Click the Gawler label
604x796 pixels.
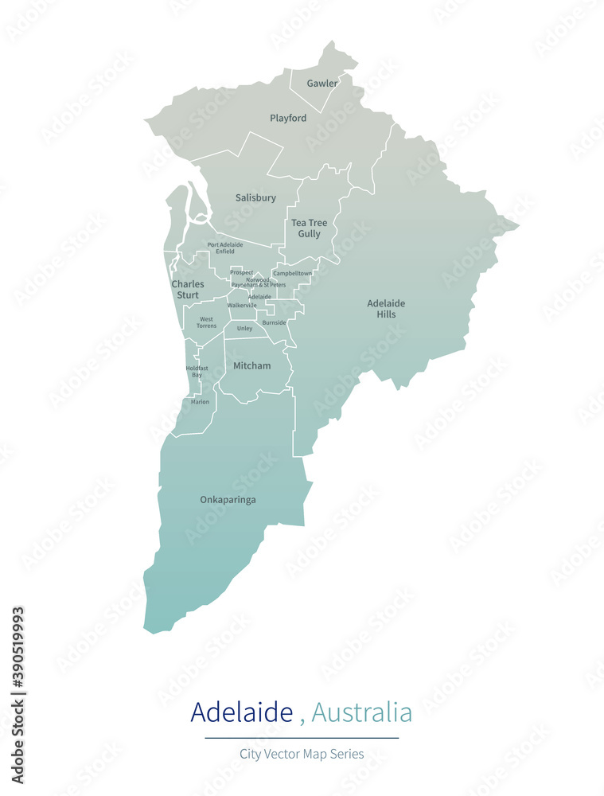coord(322,83)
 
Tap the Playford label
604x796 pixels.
coord(288,118)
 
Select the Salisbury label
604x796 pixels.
coord(255,197)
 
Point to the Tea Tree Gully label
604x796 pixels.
coord(309,228)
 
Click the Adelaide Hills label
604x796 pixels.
coord(386,308)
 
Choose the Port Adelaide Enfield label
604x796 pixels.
coord(225,248)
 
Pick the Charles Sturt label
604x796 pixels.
coord(188,290)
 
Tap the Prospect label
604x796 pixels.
coord(242,272)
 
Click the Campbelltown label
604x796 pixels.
coord(292,273)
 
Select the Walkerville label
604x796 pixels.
coord(242,305)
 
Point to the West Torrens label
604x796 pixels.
coord(206,322)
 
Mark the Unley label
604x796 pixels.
coord(244,328)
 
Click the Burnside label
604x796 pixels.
coord(274,322)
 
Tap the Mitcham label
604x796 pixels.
coord(251,365)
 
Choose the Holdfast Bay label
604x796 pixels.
coord(197,371)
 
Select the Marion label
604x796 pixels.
coord(200,402)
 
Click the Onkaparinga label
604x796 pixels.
coord(228,500)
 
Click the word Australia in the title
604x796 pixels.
coord(361,712)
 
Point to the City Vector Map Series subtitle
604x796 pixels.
coord(302,753)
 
